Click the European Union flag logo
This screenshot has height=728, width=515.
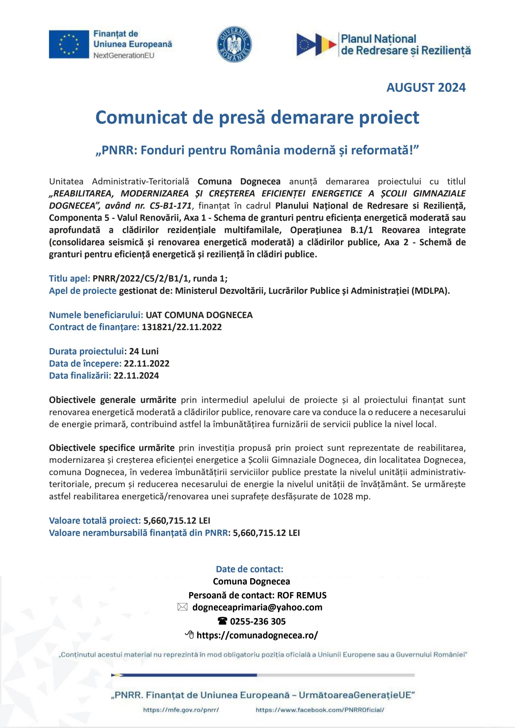pos(69,44)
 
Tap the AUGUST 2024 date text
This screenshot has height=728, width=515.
pos(426,88)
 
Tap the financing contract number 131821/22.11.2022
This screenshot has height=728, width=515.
pos(182,327)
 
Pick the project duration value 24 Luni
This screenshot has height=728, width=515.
pos(144,351)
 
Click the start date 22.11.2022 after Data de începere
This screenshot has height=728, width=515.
pos(147,363)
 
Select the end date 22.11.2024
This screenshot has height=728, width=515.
pos(136,376)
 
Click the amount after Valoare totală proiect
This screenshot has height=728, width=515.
pos(177,521)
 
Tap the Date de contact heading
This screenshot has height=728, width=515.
pos(250,569)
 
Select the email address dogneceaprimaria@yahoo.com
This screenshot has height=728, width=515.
pos(257,607)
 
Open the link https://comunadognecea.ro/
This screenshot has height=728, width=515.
pos(257,635)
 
